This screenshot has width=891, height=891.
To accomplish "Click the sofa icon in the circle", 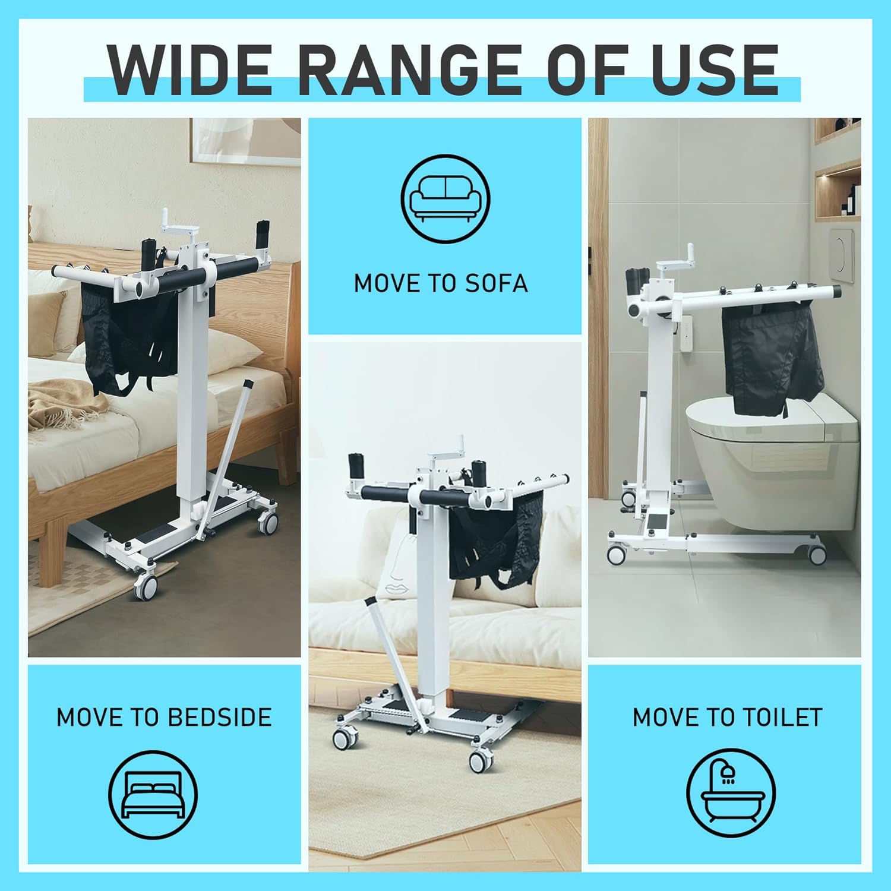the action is (445, 198).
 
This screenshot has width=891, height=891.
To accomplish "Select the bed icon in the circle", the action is (153, 795).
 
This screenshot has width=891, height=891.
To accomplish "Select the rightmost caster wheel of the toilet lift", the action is (817, 554).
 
